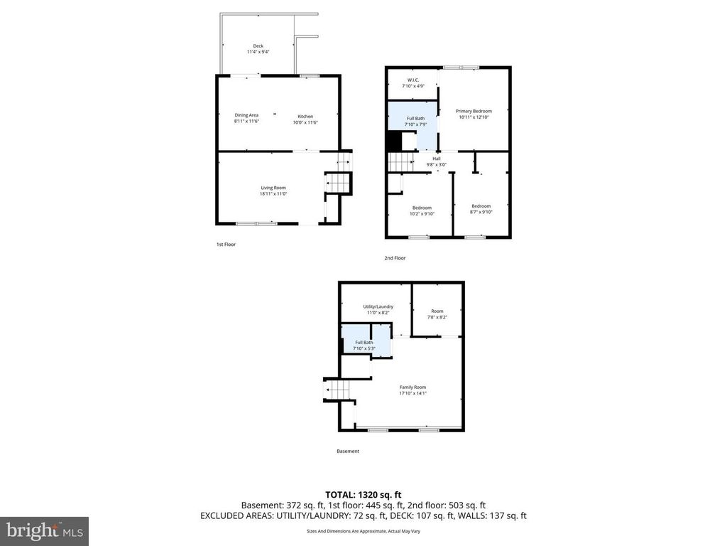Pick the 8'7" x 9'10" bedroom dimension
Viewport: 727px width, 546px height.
click(x=481, y=212)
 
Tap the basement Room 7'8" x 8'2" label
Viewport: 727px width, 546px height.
click(x=437, y=314)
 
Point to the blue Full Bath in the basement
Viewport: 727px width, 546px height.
click(x=363, y=345)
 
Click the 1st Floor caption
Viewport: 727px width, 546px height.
click(x=226, y=245)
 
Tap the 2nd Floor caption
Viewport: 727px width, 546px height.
click(x=395, y=258)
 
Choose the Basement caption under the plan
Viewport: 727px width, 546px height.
click(x=348, y=451)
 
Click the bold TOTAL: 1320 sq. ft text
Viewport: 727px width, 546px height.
click(x=363, y=494)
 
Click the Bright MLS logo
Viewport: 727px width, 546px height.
click(x=44, y=530)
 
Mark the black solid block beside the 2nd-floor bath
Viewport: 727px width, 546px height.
click(x=393, y=142)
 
